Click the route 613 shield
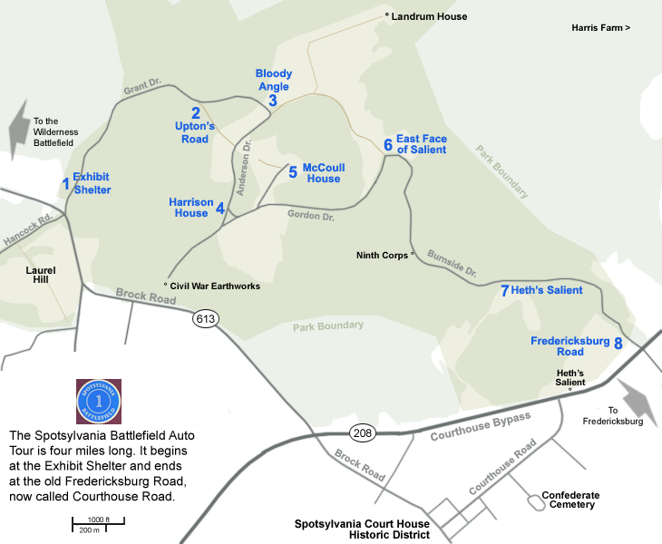click(205, 319)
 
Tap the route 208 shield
click(362, 426)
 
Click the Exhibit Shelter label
click(92, 184)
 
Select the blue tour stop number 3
click(272, 101)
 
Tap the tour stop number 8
click(618, 344)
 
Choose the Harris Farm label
click(600, 29)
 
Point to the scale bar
click(98, 522)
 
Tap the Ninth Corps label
click(382, 256)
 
